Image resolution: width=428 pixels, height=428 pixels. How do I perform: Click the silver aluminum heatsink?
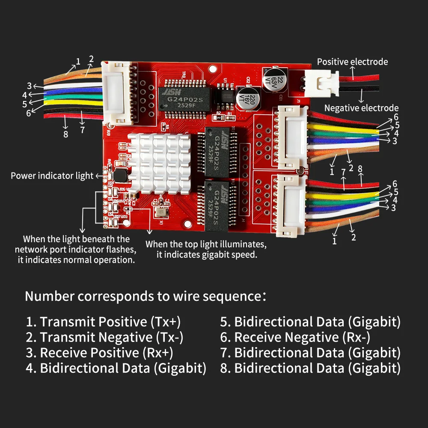pos(160,163)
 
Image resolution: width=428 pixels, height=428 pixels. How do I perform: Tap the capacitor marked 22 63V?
pos(275,80)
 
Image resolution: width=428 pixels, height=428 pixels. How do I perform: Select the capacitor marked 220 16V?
pos(248,98)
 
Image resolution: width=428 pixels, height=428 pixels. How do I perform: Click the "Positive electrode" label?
pos(352,62)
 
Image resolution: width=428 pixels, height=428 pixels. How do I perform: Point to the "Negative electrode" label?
pos(361,108)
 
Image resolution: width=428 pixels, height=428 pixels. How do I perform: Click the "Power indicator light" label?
pos(52,176)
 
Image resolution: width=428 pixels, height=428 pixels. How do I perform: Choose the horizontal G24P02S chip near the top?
pos(185,99)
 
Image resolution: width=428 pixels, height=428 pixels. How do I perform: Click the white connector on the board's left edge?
pos(116,93)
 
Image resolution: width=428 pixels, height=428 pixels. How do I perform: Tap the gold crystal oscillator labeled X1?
pos(161,212)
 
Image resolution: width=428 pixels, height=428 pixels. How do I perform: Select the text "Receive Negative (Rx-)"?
pos(302,337)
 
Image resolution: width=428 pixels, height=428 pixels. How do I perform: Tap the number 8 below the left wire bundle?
pos(65,134)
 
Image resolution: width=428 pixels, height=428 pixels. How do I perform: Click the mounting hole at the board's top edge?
pos(213,69)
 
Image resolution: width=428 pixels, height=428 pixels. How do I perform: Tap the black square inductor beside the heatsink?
pos(120,176)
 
